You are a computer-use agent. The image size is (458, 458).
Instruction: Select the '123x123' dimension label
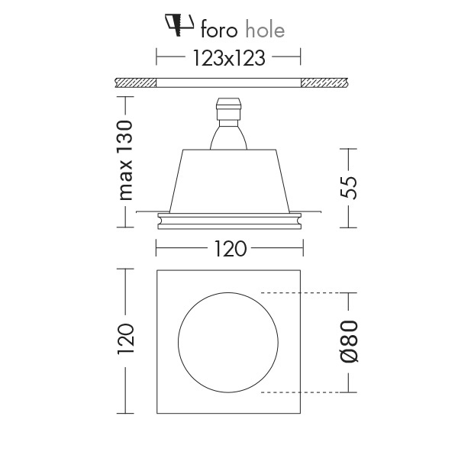tap(229, 58)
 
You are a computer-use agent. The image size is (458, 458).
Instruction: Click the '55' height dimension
tap(348, 188)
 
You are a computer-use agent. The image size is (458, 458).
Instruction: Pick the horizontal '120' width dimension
tap(229, 248)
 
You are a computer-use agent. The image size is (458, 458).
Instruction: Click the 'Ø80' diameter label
tap(348, 341)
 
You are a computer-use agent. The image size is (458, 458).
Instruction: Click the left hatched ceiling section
tap(135, 82)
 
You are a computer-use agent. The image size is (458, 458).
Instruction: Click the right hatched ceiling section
tap(325, 82)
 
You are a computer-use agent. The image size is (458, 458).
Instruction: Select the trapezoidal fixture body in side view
tap(229, 179)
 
